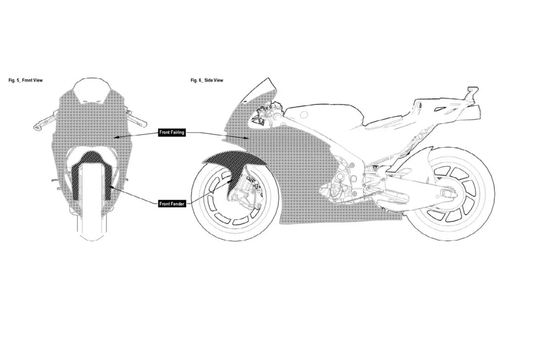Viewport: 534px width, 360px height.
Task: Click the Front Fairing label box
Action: tap(172, 133)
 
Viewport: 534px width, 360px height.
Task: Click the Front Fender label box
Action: tap(172, 204)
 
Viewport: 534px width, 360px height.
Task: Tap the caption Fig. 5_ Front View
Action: tap(26, 80)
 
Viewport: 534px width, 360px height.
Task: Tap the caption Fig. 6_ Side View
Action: tap(207, 80)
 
